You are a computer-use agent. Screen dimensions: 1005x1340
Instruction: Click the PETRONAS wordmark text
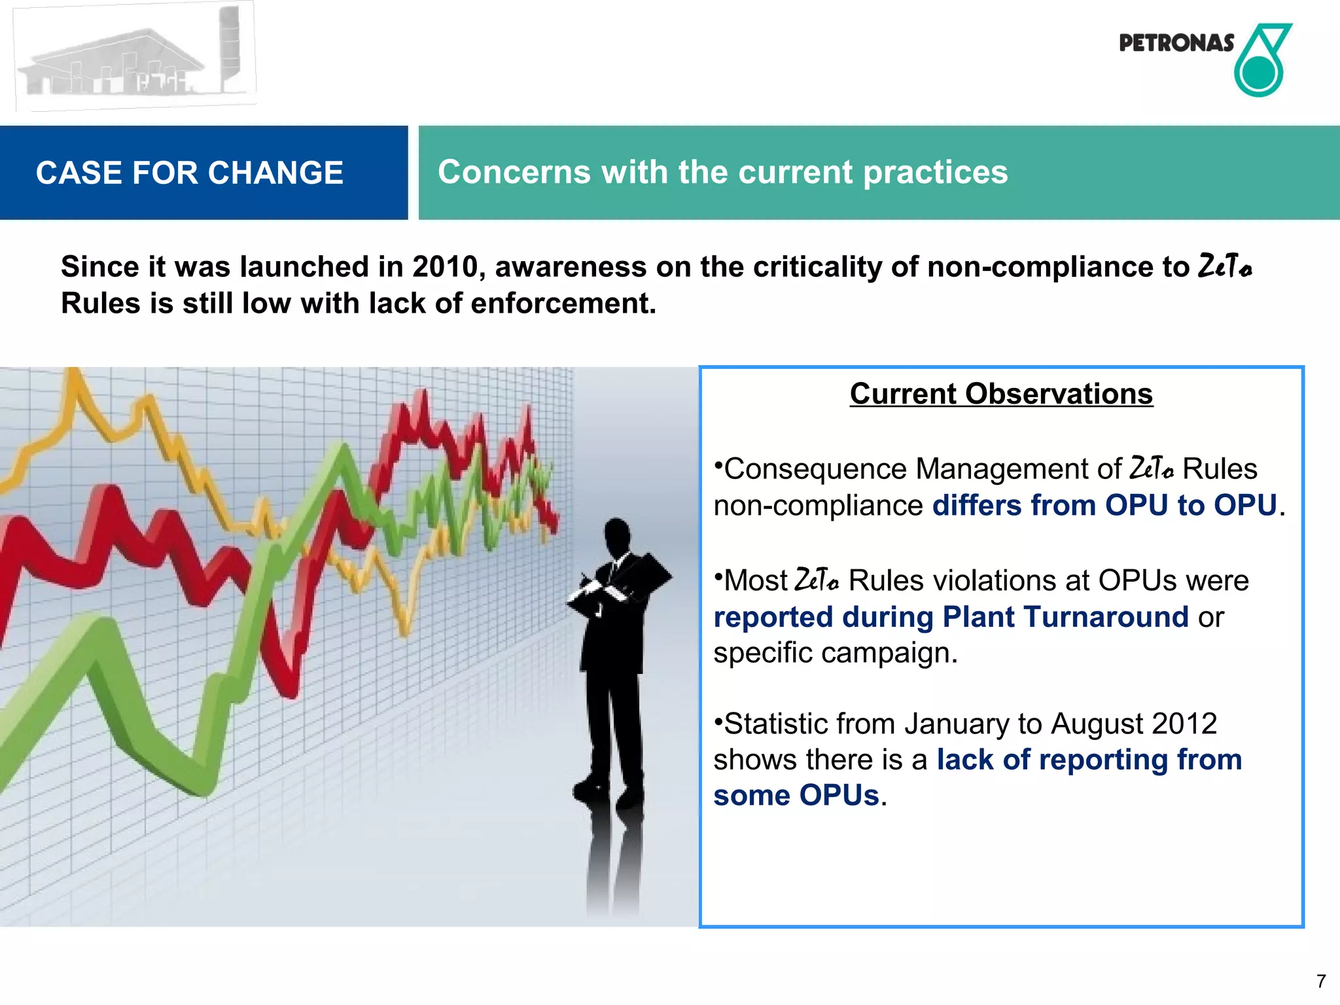point(1176,43)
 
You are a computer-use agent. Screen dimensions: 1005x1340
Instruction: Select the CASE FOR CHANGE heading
point(189,173)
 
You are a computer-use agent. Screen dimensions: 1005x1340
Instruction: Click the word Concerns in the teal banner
point(514,172)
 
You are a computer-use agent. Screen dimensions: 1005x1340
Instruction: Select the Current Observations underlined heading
point(1001,394)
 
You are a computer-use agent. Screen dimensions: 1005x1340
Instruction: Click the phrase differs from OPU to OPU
point(1104,506)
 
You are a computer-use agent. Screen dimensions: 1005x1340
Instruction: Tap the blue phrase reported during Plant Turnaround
point(950,617)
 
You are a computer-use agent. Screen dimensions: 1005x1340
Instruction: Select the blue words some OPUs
point(796,796)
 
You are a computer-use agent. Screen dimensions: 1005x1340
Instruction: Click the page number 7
point(1321,981)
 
